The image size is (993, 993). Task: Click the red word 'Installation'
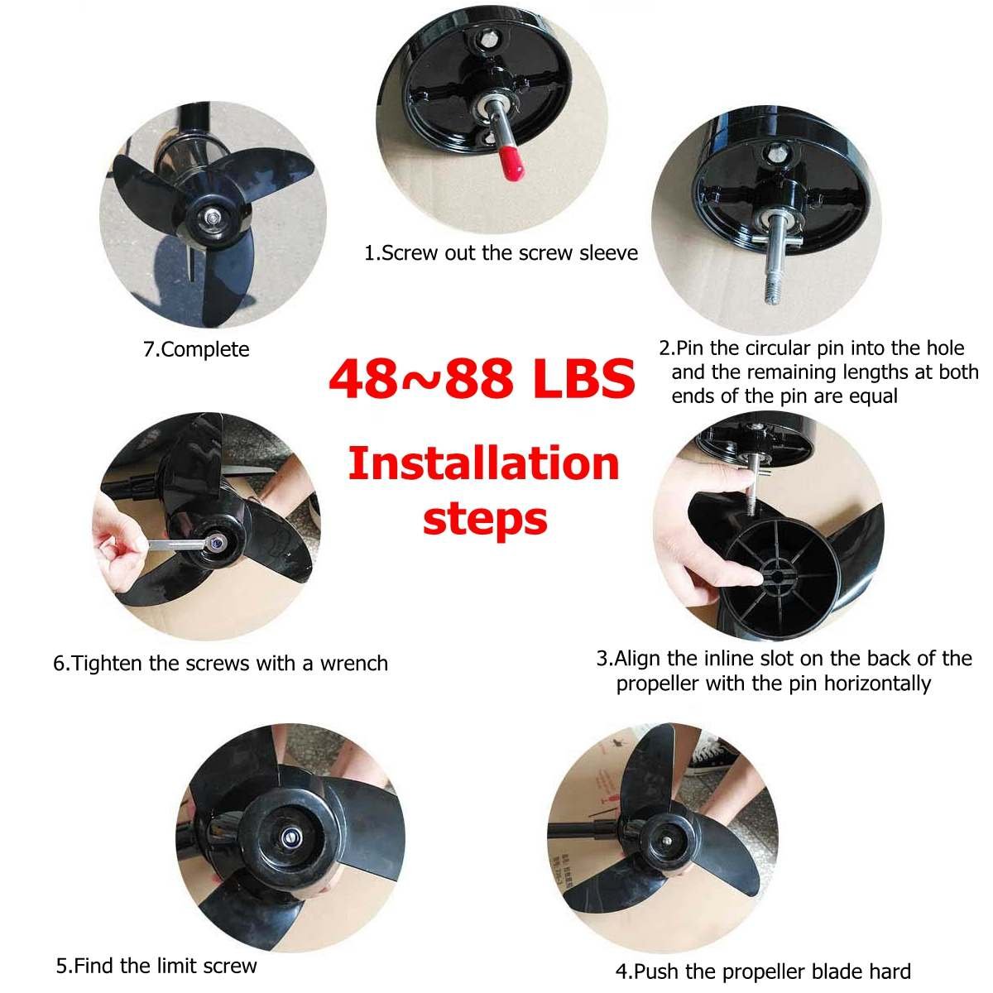[x=483, y=463]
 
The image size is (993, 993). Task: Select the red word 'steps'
[x=485, y=519]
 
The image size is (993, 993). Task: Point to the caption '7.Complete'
[x=196, y=349]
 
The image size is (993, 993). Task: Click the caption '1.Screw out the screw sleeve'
[x=501, y=252]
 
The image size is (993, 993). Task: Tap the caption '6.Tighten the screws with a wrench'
[x=220, y=663]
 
